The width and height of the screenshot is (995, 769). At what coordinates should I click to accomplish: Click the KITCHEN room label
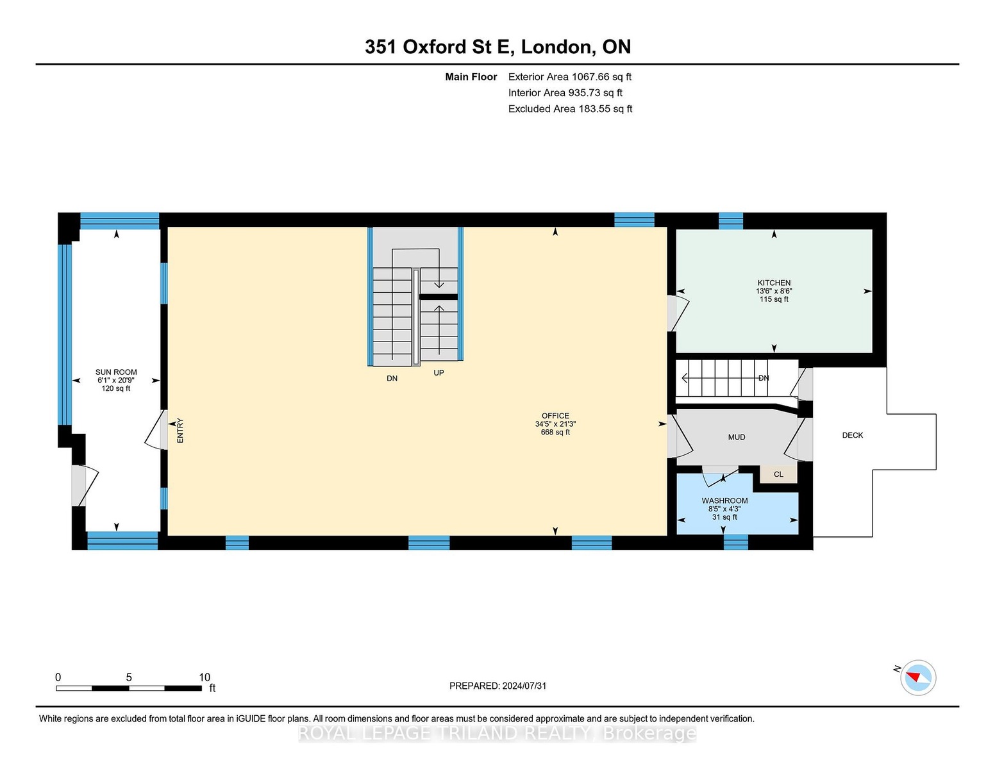(774, 283)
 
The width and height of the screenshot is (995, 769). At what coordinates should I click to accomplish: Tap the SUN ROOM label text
(116, 372)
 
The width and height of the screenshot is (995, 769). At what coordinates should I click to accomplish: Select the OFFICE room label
(555, 416)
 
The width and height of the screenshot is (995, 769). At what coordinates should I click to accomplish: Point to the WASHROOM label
(725, 501)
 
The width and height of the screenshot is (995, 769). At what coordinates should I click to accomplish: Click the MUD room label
(737, 437)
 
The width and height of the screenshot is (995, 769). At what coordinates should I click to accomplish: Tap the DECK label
(853, 436)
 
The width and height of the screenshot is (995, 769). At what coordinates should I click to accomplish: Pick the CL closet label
(778, 474)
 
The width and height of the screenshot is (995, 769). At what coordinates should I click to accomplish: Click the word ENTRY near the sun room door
(180, 431)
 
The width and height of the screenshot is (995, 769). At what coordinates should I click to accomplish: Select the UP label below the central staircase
(439, 373)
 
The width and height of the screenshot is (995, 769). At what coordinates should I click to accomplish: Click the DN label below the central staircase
(392, 378)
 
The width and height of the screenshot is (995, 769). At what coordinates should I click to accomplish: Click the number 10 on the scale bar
(205, 677)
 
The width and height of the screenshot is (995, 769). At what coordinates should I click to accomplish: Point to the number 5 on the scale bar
(129, 677)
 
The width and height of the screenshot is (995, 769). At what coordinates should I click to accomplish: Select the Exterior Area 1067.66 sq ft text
(569, 77)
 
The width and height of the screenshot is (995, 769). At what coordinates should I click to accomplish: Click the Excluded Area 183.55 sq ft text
(570, 109)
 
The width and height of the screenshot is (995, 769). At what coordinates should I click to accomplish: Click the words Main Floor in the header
(471, 77)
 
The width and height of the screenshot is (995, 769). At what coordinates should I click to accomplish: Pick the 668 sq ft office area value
(555, 433)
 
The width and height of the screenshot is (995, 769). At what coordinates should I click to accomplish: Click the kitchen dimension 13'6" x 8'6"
(774, 291)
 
